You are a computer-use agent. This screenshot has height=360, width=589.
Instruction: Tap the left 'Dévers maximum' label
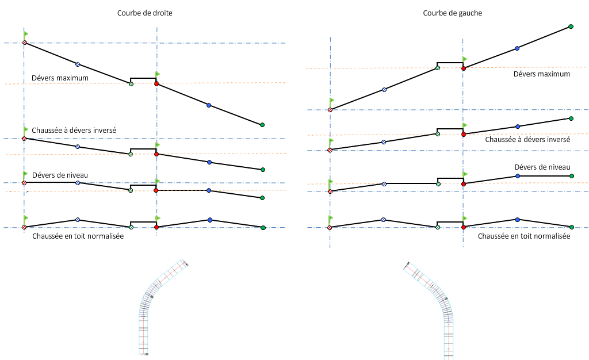60,78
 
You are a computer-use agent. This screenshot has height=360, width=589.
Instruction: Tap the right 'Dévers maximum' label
542,74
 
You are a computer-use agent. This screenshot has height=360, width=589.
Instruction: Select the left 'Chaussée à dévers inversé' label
74,131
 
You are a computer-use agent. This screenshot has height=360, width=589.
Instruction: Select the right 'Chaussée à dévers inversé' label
527,139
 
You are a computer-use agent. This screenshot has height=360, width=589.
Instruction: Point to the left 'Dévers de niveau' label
60,175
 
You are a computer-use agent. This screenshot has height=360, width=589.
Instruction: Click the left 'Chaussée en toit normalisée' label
78,236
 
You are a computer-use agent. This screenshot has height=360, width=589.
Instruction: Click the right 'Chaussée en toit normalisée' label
524,236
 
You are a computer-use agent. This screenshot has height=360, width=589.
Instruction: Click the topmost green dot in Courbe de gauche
571,26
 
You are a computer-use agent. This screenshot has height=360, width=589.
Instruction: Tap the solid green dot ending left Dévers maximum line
262,125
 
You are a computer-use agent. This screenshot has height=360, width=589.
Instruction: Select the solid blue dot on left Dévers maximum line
209,105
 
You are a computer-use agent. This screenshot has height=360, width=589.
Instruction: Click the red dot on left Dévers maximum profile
156,84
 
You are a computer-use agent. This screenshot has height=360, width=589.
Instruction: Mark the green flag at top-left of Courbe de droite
26,33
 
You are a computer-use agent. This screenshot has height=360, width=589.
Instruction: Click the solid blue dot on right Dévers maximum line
517,48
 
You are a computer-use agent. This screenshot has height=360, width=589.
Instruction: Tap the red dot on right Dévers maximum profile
464,68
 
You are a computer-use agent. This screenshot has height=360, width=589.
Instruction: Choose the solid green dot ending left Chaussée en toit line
263,228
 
